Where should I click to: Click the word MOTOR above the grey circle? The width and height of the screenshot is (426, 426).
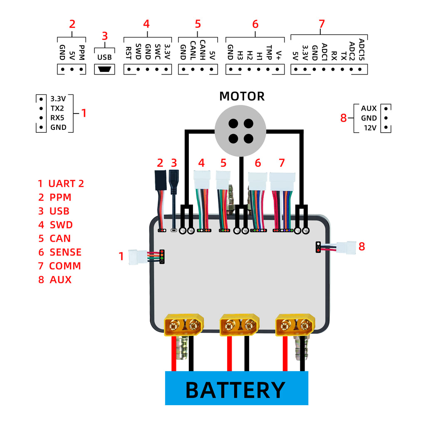tap(242, 97)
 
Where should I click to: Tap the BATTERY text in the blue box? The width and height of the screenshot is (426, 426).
tap(235, 390)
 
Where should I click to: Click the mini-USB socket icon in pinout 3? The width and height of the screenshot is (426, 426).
tap(105, 69)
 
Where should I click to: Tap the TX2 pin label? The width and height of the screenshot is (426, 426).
tap(58, 109)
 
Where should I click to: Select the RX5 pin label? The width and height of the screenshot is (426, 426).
tap(58, 118)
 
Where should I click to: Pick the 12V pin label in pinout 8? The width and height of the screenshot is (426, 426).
tap(370, 128)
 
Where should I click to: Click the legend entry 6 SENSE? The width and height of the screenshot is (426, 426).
tap(60, 252)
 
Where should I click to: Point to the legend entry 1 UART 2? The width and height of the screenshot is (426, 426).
tap(61, 183)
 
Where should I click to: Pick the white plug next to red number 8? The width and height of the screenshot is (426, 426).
tap(347, 248)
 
